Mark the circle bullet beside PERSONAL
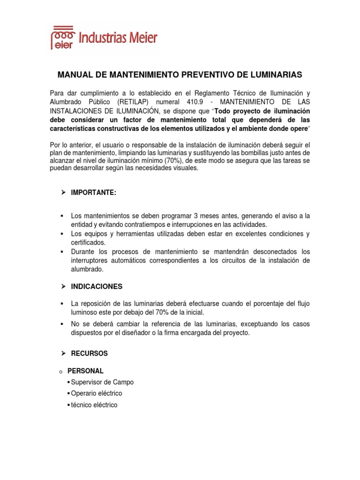61,371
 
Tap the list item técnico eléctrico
94,405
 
